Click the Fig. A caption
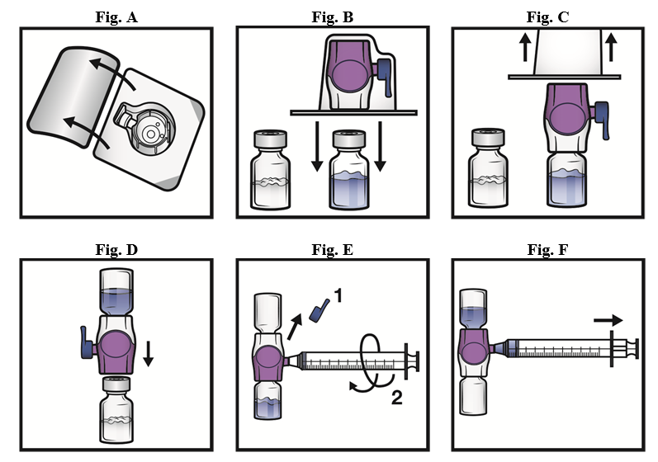116,16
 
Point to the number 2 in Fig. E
396,399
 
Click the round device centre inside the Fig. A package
150,130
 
